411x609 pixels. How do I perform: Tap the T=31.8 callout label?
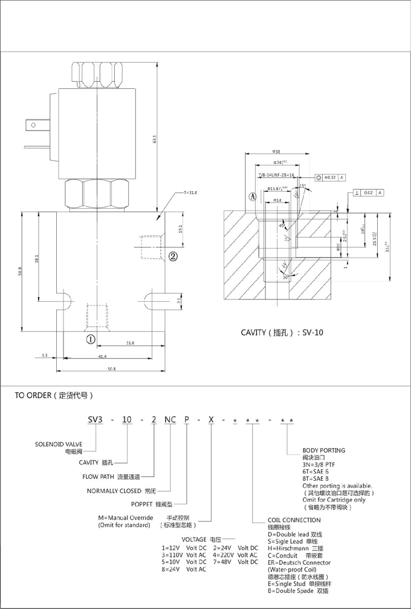(x=190, y=192)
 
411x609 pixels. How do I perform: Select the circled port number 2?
(x=172, y=256)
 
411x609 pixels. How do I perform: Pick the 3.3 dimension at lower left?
(x=45, y=356)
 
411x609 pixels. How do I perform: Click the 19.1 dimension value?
(x=180, y=229)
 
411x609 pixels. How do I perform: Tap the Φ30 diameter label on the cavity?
(x=277, y=151)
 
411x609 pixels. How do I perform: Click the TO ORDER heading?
(x=54, y=396)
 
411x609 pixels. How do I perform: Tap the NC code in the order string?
(x=170, y=420)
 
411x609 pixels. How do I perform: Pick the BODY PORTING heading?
(x=323, y=451)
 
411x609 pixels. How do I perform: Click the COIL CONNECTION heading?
(x=294, y=520)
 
